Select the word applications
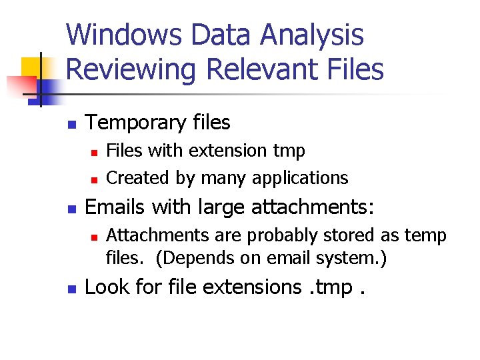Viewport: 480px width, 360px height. [309, 178]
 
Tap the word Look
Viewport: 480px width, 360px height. [104, 287]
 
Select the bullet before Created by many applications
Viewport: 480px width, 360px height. [95, 179]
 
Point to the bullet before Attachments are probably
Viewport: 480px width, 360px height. [95, 237]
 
